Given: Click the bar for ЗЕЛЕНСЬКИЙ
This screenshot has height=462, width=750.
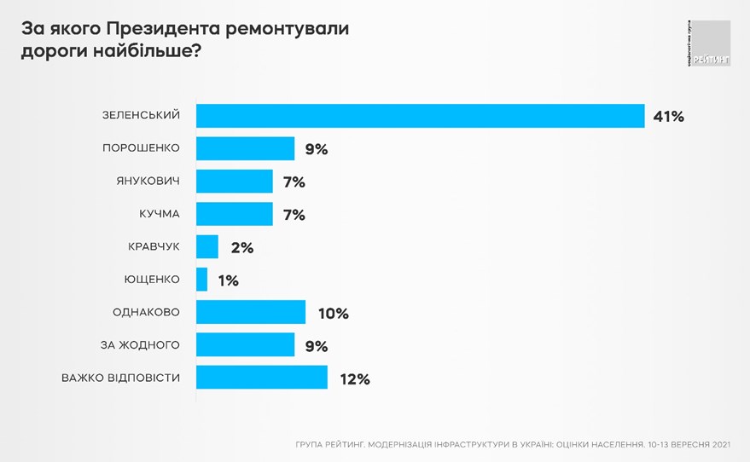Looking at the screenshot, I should tap(420, 116).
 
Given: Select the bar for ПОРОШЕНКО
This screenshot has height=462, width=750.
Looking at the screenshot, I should tap(245, 148).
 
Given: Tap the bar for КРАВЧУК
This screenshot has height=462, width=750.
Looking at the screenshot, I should tap(207, 247).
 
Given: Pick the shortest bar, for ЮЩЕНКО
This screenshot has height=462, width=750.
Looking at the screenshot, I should tap(202, 280).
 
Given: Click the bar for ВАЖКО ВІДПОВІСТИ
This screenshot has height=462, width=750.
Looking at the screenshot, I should tap(262, 378).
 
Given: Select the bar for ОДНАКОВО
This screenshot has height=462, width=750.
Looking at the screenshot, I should tap(251, 312).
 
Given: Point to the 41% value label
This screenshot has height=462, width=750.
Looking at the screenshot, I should tap(668, 117).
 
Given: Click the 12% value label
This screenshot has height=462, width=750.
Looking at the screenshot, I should tap(354, 379).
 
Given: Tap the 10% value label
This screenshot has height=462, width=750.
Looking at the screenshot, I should tap(333, 314).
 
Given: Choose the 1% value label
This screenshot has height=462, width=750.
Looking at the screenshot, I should tap(228, 280).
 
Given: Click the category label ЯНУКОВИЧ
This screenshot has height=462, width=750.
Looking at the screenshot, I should tap(148, 181).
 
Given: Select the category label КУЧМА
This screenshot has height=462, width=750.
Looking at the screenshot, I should tap(158, 214).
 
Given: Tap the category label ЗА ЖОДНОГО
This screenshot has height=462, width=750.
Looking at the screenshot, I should tap(140, 344).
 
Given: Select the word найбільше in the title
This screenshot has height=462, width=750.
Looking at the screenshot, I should tap(144, 52).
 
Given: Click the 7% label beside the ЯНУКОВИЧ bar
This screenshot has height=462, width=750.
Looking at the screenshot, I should tap(294, 182).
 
